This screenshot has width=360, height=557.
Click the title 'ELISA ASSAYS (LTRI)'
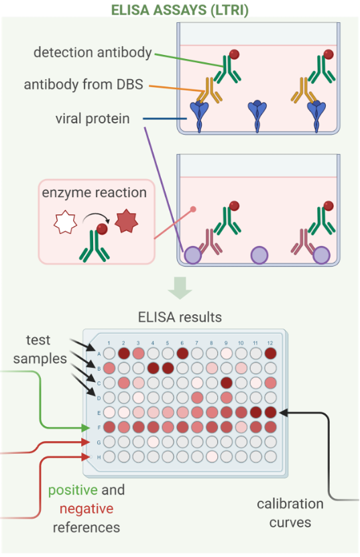point(180,10)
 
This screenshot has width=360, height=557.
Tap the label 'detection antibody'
point(93,52)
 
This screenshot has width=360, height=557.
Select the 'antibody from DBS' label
point(84,84)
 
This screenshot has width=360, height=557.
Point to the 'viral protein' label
point(93,119)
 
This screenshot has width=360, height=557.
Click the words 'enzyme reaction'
point(94,192)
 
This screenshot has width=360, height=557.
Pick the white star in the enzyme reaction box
point(65,223)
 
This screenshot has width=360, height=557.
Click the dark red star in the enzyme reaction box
point(126,221)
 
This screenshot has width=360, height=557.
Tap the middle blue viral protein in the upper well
point(257,116)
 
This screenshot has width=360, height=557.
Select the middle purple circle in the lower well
point(259,255)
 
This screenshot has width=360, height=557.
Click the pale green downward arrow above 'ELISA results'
point(180,288)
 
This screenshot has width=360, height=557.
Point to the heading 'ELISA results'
point(180,317)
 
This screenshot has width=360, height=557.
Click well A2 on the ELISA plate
point(123,353)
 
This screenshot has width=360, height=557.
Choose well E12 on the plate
point(270,412)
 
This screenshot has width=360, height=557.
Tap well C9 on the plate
point(227,383)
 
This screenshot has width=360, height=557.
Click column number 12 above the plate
point(270,343)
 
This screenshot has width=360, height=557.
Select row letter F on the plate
point(99,428)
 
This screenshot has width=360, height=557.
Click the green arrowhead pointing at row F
point(86,428)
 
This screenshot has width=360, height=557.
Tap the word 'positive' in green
point(73,491)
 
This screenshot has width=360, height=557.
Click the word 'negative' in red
point(86,509)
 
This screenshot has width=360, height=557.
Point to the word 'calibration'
point(290,504)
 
